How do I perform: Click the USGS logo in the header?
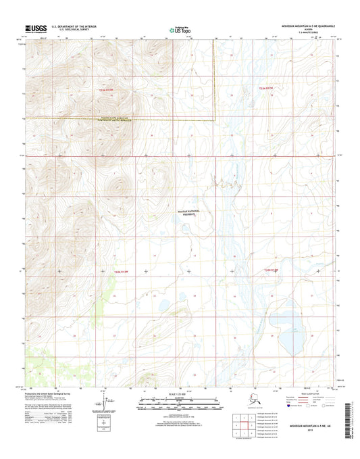coord(35,29)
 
